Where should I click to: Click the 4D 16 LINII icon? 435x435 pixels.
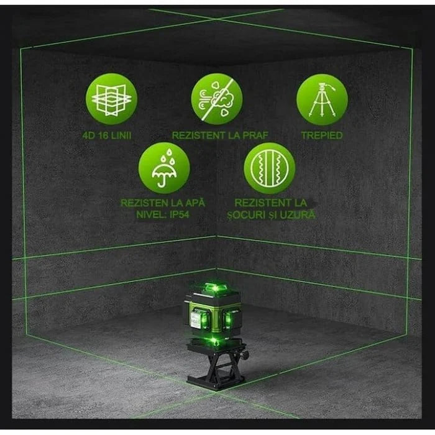[111, 99]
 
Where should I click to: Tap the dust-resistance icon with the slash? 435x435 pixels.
[216, 99]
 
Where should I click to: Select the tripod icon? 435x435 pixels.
[322, 99]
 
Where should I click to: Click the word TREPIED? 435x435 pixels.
[322, 135]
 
